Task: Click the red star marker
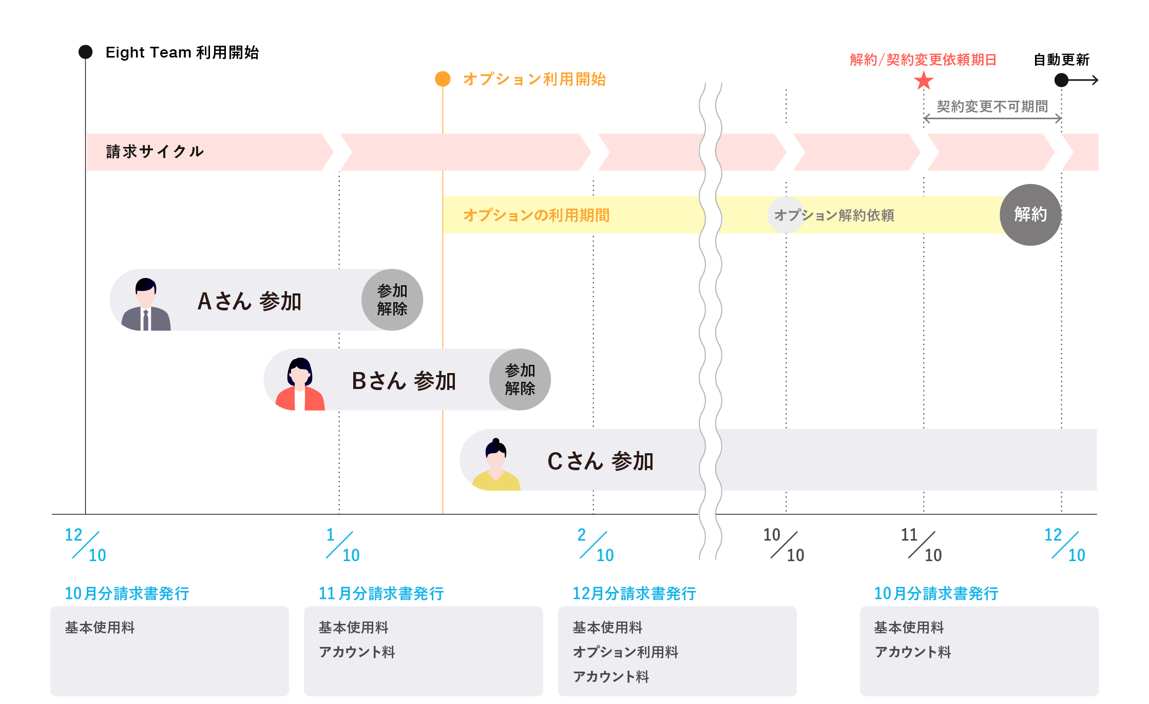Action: pos(924,81)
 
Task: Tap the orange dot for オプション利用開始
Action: pos(443,79)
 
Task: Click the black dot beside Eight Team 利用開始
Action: pos(85,52)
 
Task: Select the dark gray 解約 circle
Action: pos(1030,214)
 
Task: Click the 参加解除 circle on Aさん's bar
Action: pos(392,300)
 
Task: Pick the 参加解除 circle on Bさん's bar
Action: pos(520,380)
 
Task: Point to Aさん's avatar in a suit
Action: pos(146,304)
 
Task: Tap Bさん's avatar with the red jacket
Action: pos(300,384)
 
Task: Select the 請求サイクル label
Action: pos(155,152)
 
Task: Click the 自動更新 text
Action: pos(1061,60)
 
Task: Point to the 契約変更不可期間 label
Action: pos(992,106)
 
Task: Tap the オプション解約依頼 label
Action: pos(834,215)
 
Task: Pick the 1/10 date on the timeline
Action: pos(342,545)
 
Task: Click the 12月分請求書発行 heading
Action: pos(634,594)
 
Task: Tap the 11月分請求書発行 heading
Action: pos(381,594)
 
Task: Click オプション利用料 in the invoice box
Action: pos(625,652)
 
